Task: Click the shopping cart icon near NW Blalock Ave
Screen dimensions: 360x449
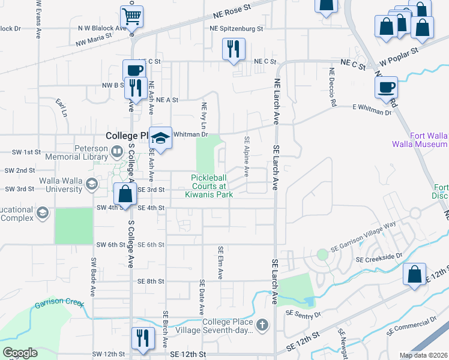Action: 132,16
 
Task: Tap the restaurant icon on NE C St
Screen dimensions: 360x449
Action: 233,49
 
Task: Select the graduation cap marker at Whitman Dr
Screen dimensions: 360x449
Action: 160,138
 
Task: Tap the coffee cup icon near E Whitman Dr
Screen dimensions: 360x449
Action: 386,87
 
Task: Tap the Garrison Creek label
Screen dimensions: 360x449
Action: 59,304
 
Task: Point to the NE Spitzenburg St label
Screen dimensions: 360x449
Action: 237,28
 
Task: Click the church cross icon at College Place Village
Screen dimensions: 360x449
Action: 261,326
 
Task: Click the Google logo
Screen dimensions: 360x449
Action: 20,353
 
